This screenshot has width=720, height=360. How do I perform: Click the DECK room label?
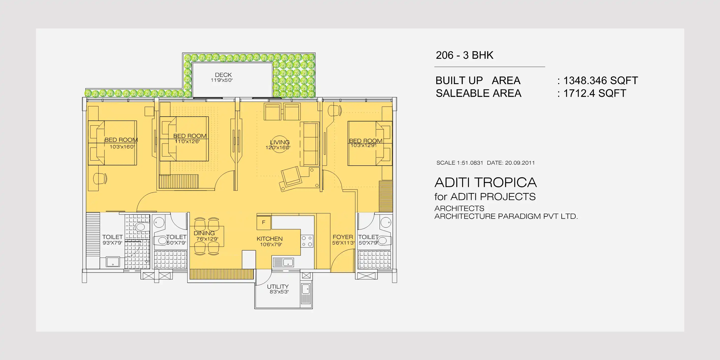point(223,75)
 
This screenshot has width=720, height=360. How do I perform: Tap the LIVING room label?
point(280,142)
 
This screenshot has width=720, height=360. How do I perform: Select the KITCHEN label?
point(270,239)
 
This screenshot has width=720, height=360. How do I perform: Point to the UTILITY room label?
point(277,287)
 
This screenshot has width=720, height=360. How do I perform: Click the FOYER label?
point(343,237)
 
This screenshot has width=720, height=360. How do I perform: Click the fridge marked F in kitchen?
point(263,223)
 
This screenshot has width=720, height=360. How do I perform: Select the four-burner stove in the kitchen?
point(307,241)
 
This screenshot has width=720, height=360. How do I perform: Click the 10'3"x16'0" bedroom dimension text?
point(122,147)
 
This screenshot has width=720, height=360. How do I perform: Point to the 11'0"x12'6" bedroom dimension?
point(187,142)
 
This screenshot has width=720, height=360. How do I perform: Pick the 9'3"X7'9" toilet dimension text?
point(112,243)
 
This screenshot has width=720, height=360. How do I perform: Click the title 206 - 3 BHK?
point(464,55)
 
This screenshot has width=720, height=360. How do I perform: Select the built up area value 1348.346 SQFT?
point(600,81)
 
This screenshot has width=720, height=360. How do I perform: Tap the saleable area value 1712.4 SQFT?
point(594,93)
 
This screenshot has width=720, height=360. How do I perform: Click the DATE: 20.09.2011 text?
point(511,163)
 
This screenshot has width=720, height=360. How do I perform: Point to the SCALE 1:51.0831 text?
point(460,163)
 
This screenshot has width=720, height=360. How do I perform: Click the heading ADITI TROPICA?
point(486,182)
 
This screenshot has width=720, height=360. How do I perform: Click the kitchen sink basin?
point(288,262)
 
